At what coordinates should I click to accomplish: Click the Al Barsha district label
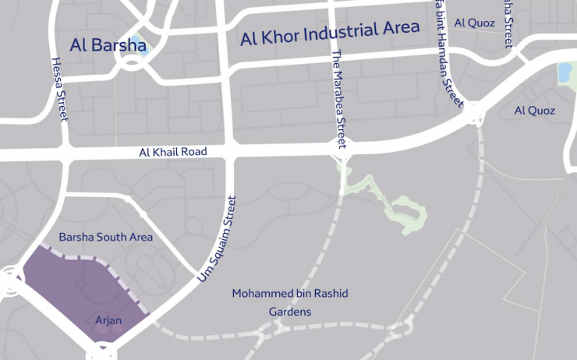(108, 45)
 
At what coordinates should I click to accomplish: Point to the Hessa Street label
(59, 88)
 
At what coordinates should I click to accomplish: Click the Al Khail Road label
(173, 152)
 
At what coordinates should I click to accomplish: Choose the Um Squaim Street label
(218, 238)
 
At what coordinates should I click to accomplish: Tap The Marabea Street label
(338, 99)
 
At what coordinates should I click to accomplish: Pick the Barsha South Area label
(106, 237)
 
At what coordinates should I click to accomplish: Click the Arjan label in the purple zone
(108, 320)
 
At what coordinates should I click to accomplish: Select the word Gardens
(290, 312)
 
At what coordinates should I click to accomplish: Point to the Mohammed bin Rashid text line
(290, 294)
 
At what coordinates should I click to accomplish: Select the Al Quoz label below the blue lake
(535, 111)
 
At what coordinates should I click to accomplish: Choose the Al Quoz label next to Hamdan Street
(474, 23)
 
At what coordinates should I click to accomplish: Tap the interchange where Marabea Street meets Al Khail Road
(342, 147)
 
